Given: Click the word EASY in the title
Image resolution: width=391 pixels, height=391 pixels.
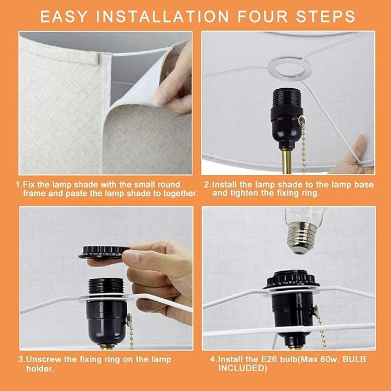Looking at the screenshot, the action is (63, 17).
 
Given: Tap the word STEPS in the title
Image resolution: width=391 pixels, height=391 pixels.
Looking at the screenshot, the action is (325, 17).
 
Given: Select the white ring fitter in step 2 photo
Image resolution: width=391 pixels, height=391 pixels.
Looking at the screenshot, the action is (290, 67).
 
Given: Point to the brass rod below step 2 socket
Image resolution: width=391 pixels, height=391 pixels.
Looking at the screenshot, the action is (287, 160).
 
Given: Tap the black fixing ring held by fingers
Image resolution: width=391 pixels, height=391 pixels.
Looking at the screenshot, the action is (104, 252).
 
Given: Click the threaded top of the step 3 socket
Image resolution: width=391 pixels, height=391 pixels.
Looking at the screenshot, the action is (106, 286).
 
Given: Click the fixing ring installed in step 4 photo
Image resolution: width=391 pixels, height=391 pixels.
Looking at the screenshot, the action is (291, 279).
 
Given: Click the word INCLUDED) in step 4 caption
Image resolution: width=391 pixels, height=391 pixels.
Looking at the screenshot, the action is (242, 368).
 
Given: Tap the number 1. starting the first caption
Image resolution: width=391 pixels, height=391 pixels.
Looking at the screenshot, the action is (19, 184).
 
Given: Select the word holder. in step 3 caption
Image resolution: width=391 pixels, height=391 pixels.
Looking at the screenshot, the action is (40, 369).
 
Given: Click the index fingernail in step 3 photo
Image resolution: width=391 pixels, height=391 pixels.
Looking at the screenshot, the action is (131, 257).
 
